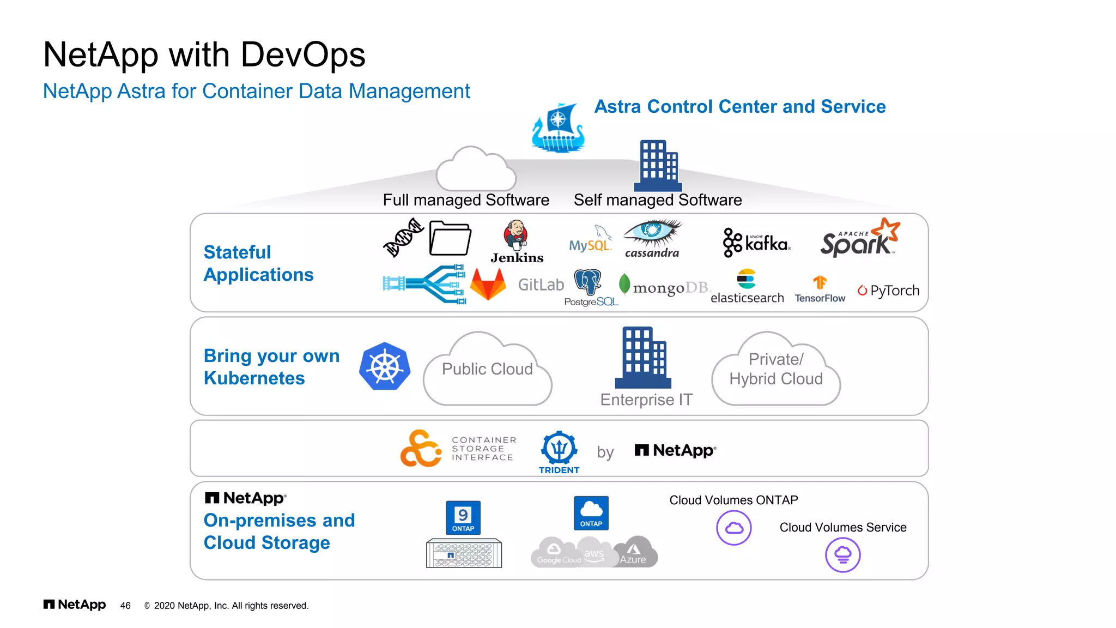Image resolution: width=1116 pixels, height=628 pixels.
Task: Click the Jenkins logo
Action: pyautogui.click(x=516, y=241)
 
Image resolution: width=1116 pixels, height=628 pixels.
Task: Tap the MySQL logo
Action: pyautogui.click(x=590, y=239)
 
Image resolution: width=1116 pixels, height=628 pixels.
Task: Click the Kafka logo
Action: pyautogui.click(x=756, y=243)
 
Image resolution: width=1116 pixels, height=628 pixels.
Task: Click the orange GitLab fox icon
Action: pyautogui.click(x=488, y=284)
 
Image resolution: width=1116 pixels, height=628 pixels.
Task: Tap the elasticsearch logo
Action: pyautogui.click(x=747, y=287)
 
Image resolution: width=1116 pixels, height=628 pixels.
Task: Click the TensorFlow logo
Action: pyautogui.click(x=820, y=289)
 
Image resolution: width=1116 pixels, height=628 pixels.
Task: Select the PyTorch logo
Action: pyautogui.click(x=888, y=291)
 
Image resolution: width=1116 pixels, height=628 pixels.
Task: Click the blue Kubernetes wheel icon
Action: pyautogui.click(x=385, y=366)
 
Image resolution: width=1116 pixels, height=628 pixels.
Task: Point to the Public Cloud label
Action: pyautogui.click(x=487, y=369)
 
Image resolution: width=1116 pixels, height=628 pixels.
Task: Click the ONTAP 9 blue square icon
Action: pyautogui.click(x=463, y=517)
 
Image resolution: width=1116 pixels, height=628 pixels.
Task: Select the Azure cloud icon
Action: pyautogui.click(x=634, y=552)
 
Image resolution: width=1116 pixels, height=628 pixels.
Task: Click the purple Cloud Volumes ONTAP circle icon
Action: pyautogui.click(x=733, y=528)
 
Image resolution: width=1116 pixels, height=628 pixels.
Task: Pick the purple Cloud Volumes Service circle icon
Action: pyautogui.click(x=842, y=555)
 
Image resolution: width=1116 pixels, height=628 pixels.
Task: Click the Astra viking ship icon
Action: pyautogui.click(x=558, y=128)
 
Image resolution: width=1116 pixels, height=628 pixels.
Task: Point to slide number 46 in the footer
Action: pyautogui.click(x=125, y=606)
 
